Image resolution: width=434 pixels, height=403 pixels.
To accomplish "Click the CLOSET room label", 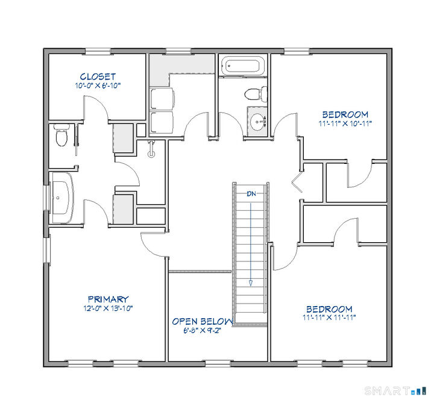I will (97, 77).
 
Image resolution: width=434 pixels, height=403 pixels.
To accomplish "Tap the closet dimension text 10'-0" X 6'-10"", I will (97, 86).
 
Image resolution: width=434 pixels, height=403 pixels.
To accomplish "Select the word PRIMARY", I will (108, 299).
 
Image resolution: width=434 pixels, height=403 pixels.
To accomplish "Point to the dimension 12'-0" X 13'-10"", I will (108, 308).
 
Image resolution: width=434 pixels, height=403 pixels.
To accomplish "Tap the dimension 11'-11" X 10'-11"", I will (344, 123).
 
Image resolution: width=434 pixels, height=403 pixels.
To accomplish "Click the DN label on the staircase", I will (250, 193).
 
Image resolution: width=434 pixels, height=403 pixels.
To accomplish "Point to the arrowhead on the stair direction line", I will (250, 283).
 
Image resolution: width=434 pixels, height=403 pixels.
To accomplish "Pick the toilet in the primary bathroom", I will (60, 136).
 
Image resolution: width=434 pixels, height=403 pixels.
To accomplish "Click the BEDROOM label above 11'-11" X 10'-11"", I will (344, 114).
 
